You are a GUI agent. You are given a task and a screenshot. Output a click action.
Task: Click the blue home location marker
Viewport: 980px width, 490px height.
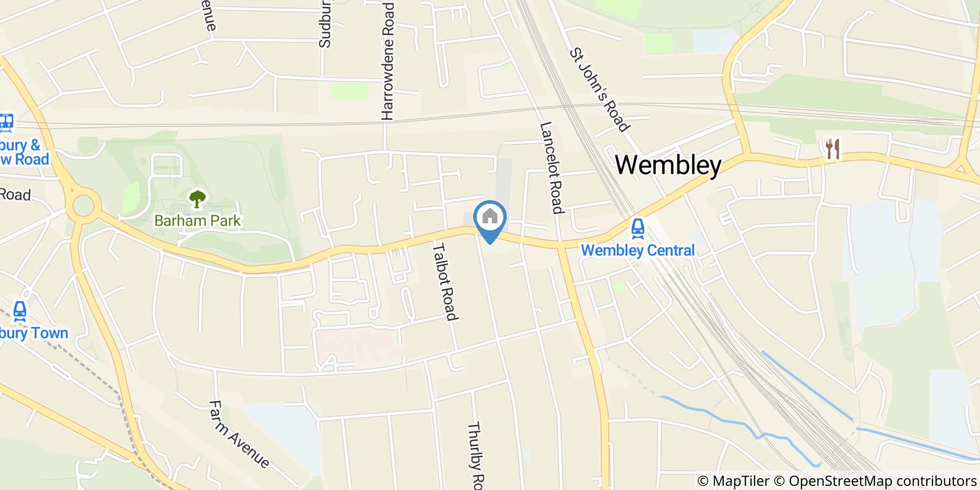click(x=490, y=219)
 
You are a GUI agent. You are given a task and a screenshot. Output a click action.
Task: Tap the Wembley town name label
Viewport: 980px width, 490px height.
click(x=668, y=165)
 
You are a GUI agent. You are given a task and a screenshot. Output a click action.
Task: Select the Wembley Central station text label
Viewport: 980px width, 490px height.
click(x=638, y=251)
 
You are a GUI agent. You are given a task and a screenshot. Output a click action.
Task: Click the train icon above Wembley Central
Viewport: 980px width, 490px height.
click(x=638, y=228)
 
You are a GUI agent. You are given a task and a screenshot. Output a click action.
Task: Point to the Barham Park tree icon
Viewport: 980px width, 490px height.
click(x=197, y=199)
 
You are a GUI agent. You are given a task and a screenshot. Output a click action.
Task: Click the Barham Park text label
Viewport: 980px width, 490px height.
click(x=197, y=221)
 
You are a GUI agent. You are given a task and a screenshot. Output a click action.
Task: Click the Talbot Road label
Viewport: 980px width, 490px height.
click(x=444, y=281)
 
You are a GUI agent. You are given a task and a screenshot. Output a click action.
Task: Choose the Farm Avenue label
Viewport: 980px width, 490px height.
click(x=239, y=434)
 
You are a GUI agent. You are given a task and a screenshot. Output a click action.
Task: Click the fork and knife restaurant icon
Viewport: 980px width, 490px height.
click(x=832, y=148)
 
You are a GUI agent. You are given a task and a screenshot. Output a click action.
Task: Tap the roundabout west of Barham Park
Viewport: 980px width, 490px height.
click(x=83, y=206)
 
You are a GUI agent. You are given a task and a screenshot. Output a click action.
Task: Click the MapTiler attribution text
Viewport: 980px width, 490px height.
click(x=733, y=481)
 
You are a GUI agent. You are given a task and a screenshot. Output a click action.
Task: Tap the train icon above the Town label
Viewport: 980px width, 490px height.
click(x=19, y=310)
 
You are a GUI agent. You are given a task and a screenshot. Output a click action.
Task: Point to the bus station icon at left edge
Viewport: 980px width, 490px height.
click(x=6, y=123)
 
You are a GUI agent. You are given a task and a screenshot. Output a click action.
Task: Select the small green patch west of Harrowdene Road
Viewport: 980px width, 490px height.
click(x=349, y=90)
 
